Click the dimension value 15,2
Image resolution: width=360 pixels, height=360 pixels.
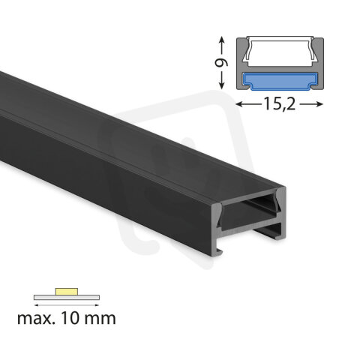click(x=279, y=105)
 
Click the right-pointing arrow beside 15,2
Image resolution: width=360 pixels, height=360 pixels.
click(x=314, y=105)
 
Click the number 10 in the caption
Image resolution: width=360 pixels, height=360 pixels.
click(x=72, y=319)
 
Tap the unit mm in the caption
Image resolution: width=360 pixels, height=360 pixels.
click(x=100, y=319)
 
